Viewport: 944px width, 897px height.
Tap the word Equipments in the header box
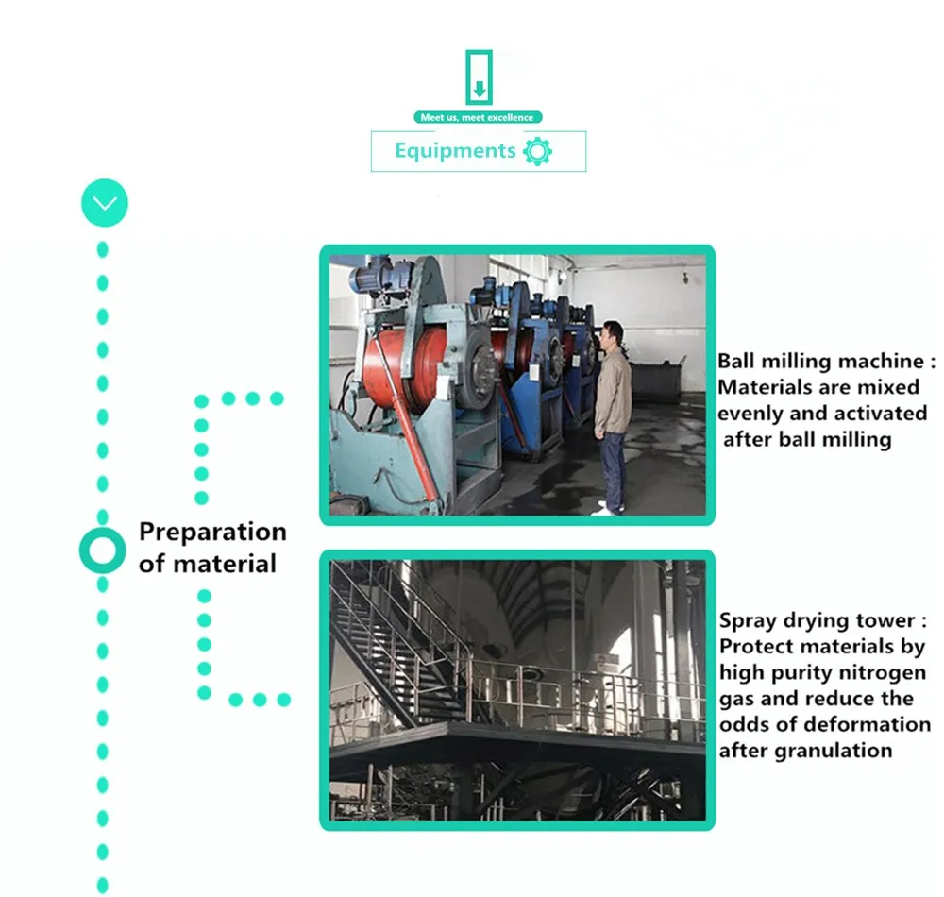tap(454, 151)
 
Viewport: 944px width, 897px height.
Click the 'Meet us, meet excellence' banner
tap(478, 117)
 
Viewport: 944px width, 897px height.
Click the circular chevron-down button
tap(104, 203)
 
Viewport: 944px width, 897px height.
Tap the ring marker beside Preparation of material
tap(102, 550)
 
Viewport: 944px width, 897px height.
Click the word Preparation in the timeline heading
tap(212, 532)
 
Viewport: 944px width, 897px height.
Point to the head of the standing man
tap(614, 335)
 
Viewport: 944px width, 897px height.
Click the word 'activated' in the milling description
tap(875, 414)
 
